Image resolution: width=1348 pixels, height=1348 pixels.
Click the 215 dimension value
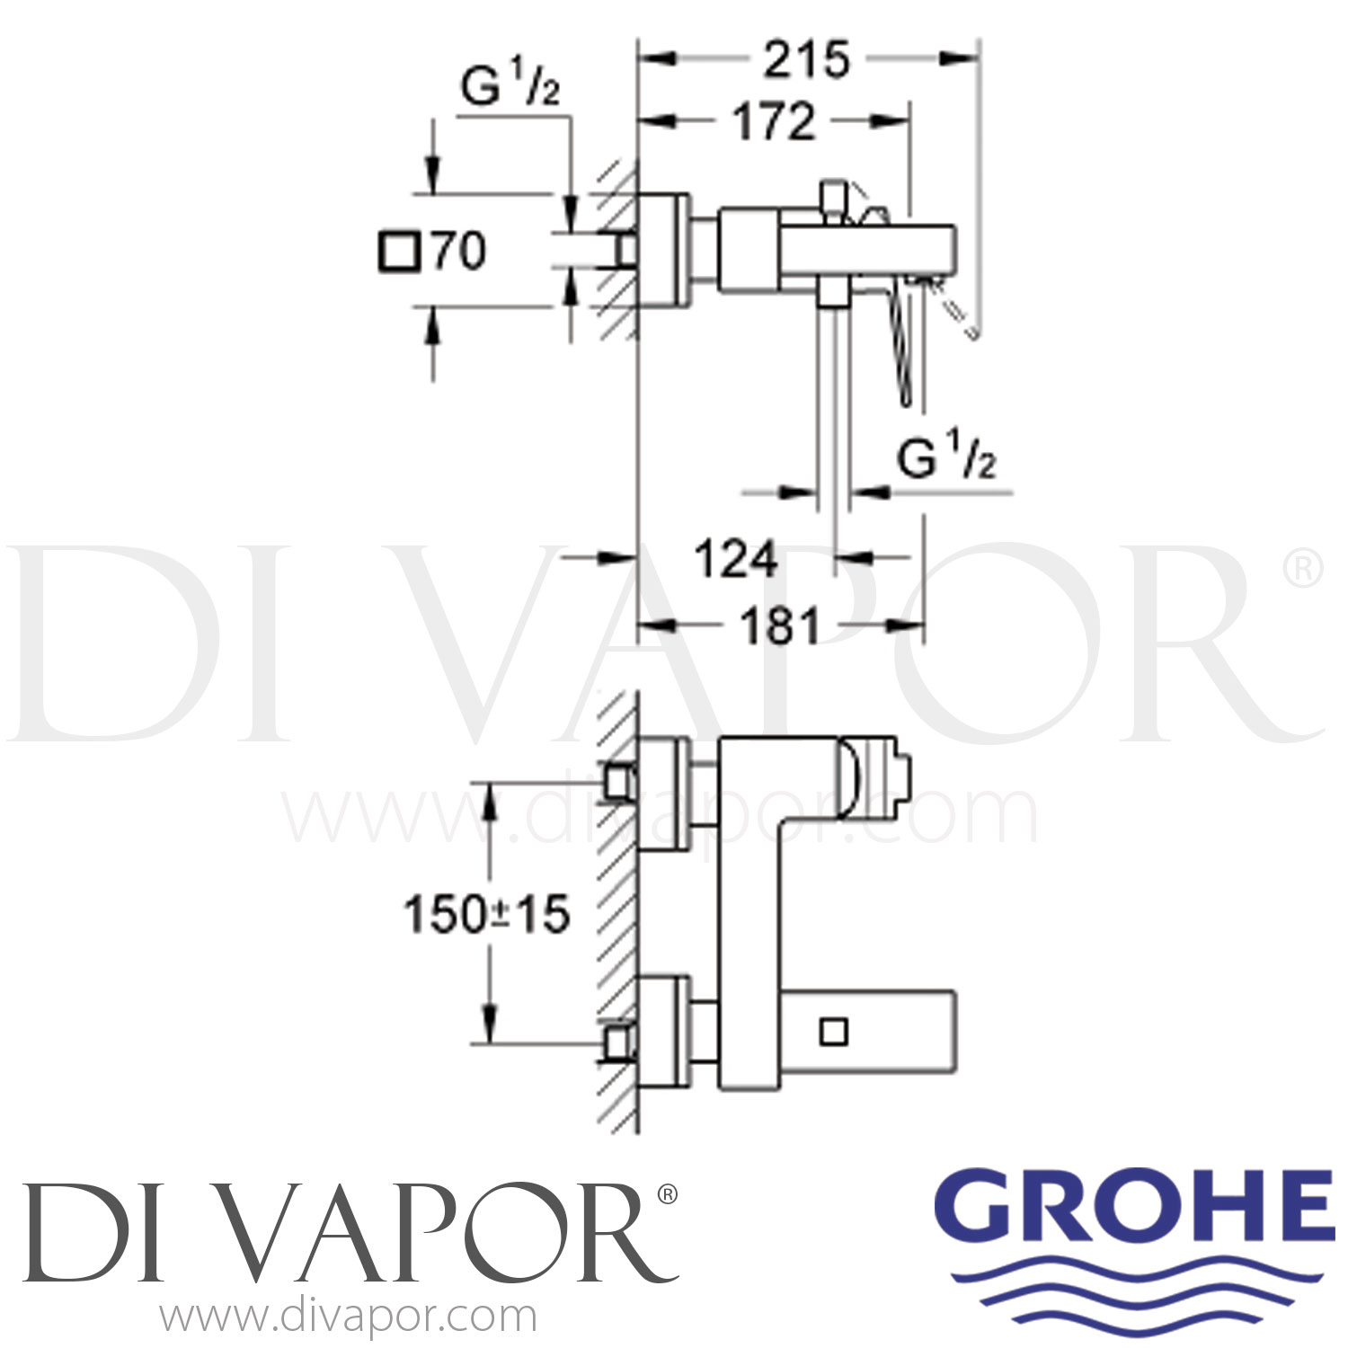click(806, 61)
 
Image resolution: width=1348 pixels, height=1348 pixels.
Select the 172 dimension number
click(775, 121)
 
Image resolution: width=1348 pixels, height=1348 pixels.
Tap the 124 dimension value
click(735, 560)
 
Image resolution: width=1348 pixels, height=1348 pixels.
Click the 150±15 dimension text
click(487, 916)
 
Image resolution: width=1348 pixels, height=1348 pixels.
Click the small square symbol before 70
click(399, 251)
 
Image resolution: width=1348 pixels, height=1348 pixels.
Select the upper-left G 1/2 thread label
click(510, 88)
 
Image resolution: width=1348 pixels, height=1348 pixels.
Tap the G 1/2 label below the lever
click(946, 461)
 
